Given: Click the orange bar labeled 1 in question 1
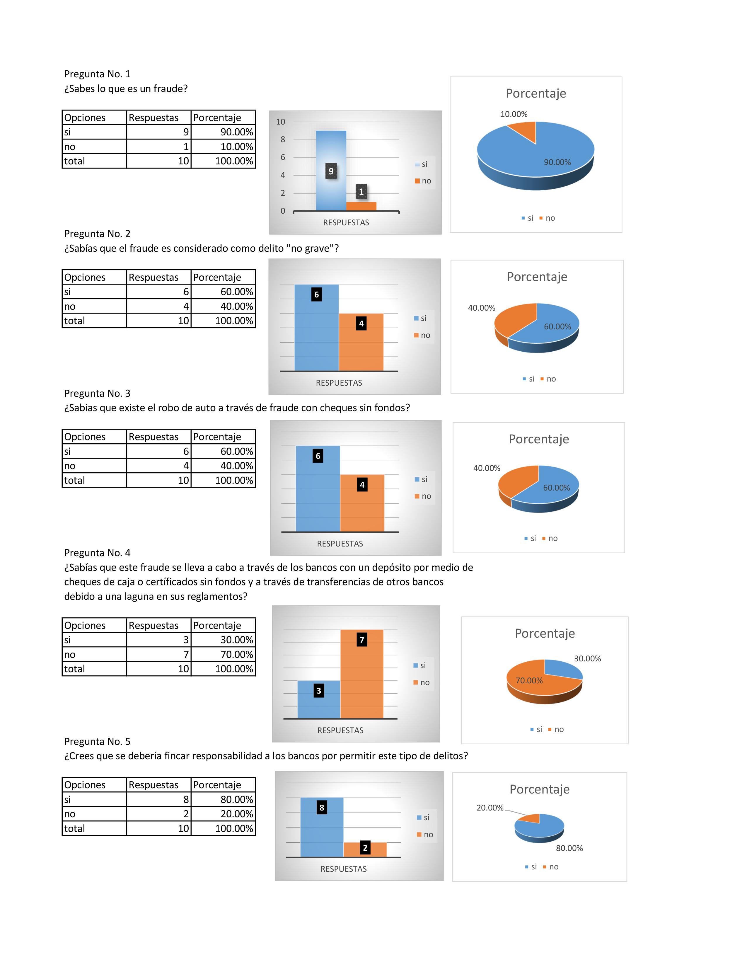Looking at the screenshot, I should (361, 206).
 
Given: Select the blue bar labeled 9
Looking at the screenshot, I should (331, 151).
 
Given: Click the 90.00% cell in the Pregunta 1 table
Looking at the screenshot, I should (224, 132).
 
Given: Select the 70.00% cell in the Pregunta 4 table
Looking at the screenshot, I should (224, 654).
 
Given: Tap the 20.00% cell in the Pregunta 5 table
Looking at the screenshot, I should (224, 814).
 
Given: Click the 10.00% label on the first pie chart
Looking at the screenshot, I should (514, 114).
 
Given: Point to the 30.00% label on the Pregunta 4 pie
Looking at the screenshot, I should (587, 658).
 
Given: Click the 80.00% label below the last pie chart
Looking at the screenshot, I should (569, 848).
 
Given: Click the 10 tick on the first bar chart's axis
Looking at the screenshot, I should (281, 122).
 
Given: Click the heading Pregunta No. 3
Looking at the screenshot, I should (97, 393).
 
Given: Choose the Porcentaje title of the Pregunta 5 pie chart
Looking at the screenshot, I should (539, 789).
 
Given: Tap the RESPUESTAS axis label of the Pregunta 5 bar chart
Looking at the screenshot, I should (343, 869).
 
